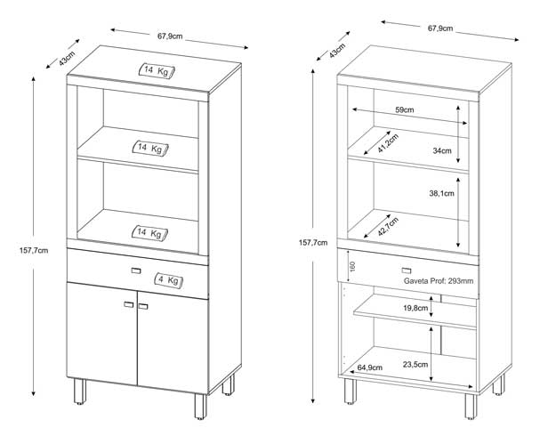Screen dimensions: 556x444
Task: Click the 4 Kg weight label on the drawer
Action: coord(169,280)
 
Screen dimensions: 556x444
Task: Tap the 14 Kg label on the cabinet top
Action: coord(157,71)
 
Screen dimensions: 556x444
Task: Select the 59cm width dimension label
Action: coord(405,110)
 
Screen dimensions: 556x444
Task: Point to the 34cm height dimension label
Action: coord(442,150)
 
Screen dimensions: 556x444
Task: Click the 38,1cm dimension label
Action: coord(441,193)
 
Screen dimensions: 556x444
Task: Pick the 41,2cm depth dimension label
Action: coord(388,143)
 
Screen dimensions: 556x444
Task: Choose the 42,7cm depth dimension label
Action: coord(388,227)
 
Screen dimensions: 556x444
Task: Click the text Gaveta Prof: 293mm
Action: coord(439,281)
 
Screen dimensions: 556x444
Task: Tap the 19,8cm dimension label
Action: coord(415,308)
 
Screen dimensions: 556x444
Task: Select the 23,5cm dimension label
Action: coord(415,364)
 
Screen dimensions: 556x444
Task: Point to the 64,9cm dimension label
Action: coord(370,367)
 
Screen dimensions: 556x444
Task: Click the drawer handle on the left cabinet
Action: coord(136,271)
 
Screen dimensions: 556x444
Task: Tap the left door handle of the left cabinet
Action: coord(129,304)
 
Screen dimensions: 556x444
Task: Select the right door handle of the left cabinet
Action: coord(143,306)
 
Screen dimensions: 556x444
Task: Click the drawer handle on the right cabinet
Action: coord(407,270)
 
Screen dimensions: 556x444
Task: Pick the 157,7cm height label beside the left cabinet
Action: coord(34,250)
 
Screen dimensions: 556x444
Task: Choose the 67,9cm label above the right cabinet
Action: coord(440,28)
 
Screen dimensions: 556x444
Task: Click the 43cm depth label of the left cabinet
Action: coord(67,58)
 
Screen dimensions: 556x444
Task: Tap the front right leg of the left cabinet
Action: coord(200,407)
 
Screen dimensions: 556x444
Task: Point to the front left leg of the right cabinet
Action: coord(350,392)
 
